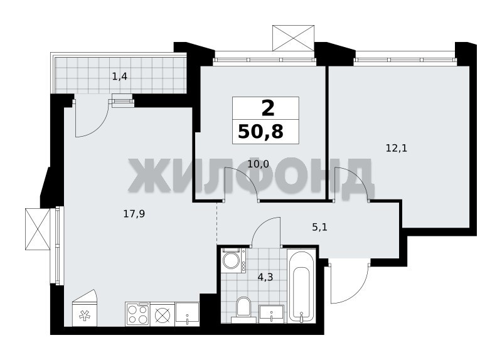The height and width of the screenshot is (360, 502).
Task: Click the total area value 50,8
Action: click(x=260, y=132)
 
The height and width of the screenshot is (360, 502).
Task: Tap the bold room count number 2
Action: click(x=268, y=108)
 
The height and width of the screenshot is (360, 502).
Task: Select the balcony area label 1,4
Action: click(x=119, y=77)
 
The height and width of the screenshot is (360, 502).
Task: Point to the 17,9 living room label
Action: click(x=134, y=214)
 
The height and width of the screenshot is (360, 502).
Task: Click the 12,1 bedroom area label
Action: click(x=397, y=149)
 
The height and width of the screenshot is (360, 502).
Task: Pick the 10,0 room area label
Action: click(x=258, y=164)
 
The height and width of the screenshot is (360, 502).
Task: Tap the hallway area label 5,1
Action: click(x=319, y=228)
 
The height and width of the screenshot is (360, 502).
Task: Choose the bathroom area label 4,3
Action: click(x=265, y=277)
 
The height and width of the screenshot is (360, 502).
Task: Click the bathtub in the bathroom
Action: click(x=301, y=286)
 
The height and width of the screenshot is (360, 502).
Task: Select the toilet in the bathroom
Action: click(x=243, y=309)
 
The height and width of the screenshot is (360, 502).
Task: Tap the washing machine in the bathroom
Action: click(x=233, y=260)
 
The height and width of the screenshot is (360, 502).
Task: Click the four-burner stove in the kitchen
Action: click(x=137, y=314)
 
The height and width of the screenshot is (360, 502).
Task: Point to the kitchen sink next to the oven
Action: click(x=187, y=314)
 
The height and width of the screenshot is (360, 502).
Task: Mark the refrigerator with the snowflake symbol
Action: click(x=85, y=308)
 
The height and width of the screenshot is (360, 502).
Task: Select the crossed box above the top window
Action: click(x=293, y=38)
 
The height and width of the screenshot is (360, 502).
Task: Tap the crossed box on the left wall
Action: click(x=38, y=229)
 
